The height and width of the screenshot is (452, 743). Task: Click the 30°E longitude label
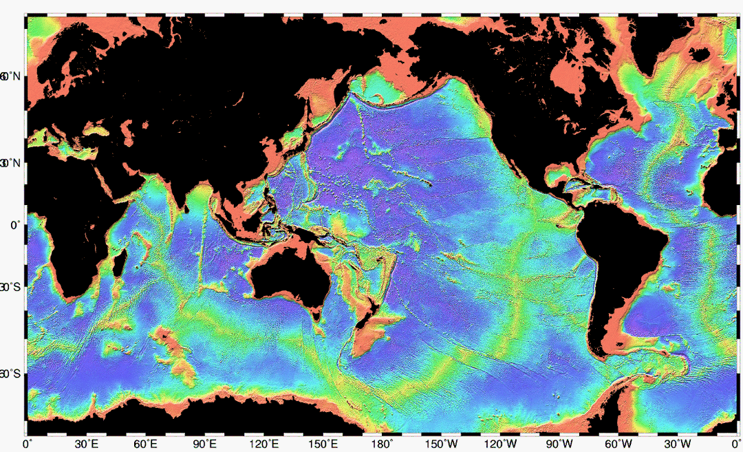[86, 444]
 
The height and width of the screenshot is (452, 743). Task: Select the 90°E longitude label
[205, 444]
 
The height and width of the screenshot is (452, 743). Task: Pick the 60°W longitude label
[620, 444]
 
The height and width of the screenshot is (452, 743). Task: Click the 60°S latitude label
[13, 374]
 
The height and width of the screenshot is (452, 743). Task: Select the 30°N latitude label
[13, 163]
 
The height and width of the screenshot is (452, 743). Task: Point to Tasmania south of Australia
[316, 315]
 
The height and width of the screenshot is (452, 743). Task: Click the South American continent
[612, 261]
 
